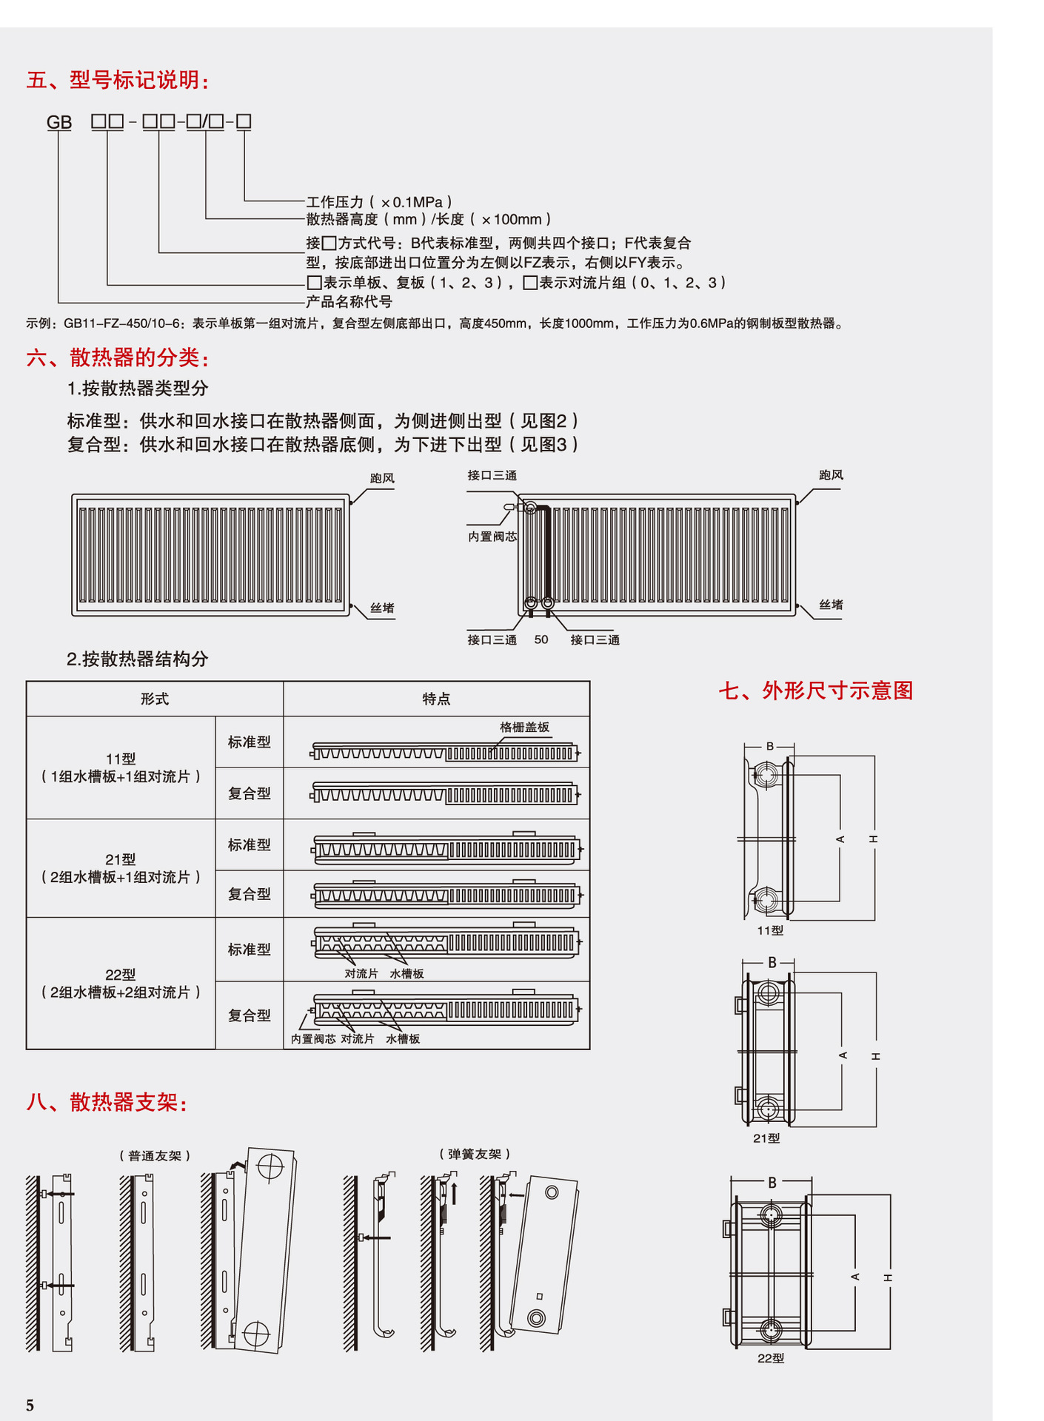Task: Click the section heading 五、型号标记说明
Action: click(x=118, y=80)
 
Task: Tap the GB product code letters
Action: click(x=59, y=122)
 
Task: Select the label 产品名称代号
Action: click(x=349, y=302)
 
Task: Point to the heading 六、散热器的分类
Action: click(x=118, y=358)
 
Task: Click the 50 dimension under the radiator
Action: click(x=541, y=639)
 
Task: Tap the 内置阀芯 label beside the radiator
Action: click(x=492, y=537)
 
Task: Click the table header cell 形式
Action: click(x=155, y=699)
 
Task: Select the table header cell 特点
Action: click(x=436, y=699)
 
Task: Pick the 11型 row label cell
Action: click(x=121, y=767)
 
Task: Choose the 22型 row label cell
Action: click(x=121, y=984)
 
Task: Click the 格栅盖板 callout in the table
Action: click(x=524, y=728)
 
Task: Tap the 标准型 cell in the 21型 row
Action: click(x=249, y=844)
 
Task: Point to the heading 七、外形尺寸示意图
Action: click(x=815, y=691)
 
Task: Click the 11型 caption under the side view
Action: click(x=770, y=930)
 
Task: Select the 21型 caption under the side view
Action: click(x=766, y=1138)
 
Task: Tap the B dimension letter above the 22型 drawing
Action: click(x=772, y=1182)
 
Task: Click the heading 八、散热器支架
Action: click(x=107, y=1103)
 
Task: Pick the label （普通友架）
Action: click(x=155, y=1155)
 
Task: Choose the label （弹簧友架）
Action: click(x=475, y=1154)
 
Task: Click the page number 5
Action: click(x=30, y=1405)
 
